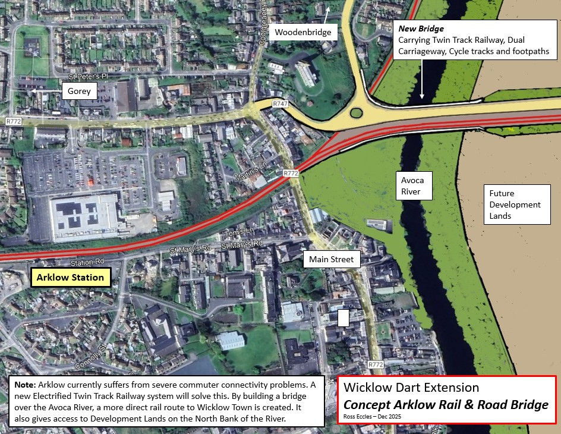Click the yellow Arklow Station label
click(70, 277)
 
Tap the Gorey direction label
click(79, 91)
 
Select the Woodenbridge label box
click(303, 32)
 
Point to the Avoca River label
click(412, 185)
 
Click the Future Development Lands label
click(515, 205)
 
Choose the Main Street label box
click(331, 259)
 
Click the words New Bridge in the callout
click(421, 29)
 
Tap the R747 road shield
click(280, 104)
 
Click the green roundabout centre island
click(357, 112)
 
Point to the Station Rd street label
click(87, 262)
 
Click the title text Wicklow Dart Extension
click(411, 388)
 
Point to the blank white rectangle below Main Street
click(343, 317)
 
